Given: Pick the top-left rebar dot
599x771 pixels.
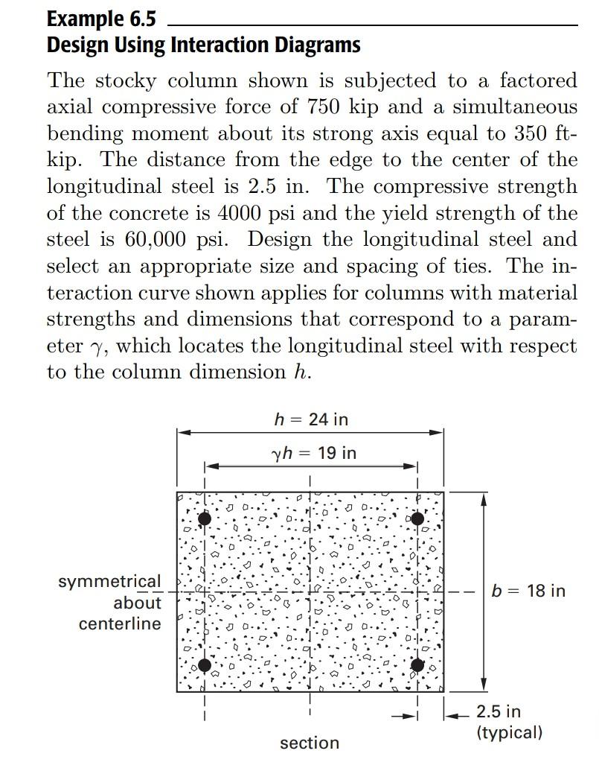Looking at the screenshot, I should pos(205,518).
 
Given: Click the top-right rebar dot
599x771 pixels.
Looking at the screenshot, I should pos(417,518).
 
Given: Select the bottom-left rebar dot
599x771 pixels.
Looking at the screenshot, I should pos(205,665).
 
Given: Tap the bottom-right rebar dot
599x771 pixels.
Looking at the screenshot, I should pos(417,665).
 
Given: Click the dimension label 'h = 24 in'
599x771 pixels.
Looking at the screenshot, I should pos(311,419).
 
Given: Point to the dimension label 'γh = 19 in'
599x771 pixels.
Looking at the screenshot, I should pos(315,452).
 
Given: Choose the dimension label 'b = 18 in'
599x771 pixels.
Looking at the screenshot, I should pos(528,591).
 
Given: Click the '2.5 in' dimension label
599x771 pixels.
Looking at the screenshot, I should pos(499,712).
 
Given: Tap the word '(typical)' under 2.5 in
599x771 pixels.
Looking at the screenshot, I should pos(510,732).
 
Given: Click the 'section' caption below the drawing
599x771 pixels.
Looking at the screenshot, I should pos(310,743).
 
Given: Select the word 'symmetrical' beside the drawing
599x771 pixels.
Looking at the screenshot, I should pos(109,581).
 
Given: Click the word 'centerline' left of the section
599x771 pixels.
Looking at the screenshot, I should pos(120,624).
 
